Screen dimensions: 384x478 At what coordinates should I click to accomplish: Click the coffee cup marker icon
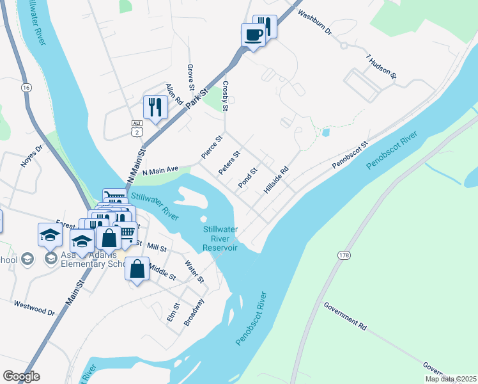tap(254, 35)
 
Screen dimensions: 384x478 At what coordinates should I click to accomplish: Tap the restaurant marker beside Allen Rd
tap(155, 107)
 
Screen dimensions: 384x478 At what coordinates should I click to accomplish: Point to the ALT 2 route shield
tap(136, 127)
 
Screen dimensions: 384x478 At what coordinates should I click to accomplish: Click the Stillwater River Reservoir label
tap(220, 238)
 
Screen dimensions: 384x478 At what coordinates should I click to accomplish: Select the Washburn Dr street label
tap(315, 22)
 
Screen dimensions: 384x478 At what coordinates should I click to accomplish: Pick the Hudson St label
tap(382, 67)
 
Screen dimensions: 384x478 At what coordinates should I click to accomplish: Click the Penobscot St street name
tap(350, 156)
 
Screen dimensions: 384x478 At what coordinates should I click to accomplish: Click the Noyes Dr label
tap(31, 156)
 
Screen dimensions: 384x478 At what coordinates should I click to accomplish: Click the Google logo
tap(21, 376)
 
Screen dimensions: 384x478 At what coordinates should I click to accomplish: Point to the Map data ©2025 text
tap(451, 379)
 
